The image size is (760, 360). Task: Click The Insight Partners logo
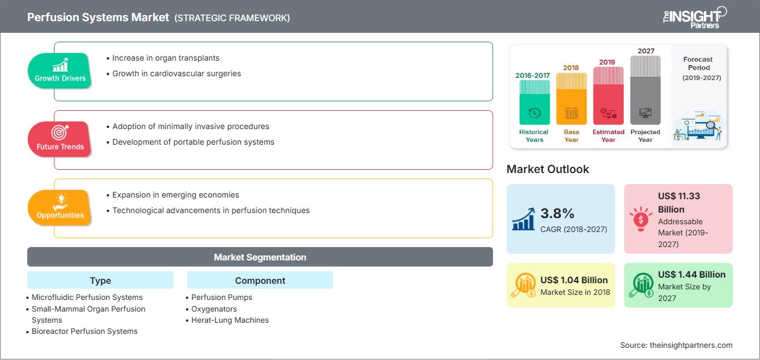click(x=695, y=17)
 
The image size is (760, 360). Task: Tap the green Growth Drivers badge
click(x=60, y=71)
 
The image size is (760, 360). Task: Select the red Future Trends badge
click(x=60, y=139)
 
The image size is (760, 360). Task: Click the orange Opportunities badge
click(x=60, y=208)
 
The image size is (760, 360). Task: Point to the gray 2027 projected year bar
click(x=645, y=90)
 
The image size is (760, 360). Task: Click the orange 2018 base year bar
click(x=571, y=98)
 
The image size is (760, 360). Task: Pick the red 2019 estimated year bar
click(x=608, y=96)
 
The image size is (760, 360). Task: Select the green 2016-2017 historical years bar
click(x=534, y=102)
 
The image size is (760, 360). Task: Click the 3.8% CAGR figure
click(x=557, y=214)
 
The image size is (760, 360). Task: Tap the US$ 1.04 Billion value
click(x=574, y=280)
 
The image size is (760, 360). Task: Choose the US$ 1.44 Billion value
click(x=692, y=274)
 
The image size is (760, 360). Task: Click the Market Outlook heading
click(x=547, y=169)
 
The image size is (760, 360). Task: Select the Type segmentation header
click(x=101, y=280)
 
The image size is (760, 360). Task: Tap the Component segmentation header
click(x=260, y=280)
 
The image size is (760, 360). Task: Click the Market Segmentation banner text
click(x=260, y=257)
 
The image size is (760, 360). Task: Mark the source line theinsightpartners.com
click(x=676, y=345)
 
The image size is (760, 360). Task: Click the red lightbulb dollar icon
click(x=640, y=219)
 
